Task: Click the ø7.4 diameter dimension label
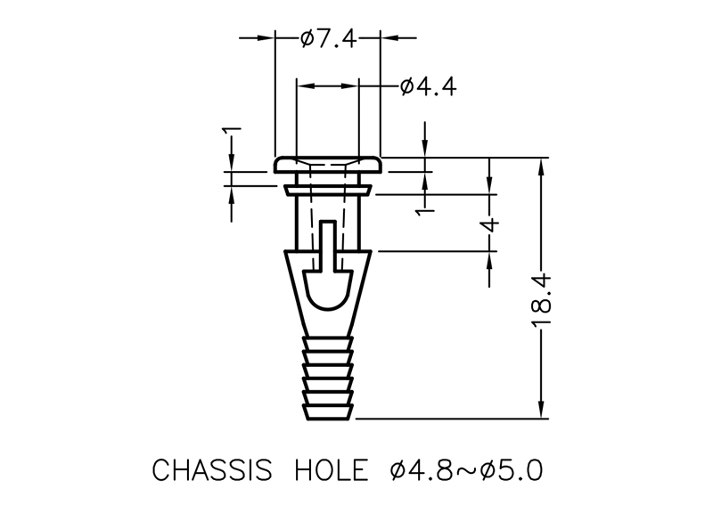point(328,38)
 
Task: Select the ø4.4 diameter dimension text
point(428,86)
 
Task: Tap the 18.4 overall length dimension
point(541,300)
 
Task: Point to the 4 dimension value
point(491,225)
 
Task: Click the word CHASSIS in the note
point(211,470)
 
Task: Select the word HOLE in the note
point(331,470)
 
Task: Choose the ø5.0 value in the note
point(512,470)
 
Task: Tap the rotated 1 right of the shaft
point(426,212)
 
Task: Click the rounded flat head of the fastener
point(327,165)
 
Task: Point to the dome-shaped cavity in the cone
point(328,289)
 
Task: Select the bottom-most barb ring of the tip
point(328,412)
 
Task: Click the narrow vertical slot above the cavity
point(328,245)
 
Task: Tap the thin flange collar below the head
point(328,190)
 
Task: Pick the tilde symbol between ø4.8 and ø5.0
point(466,471)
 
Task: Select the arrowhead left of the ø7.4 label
point(266,37)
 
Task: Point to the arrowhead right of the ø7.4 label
point(389,37)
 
